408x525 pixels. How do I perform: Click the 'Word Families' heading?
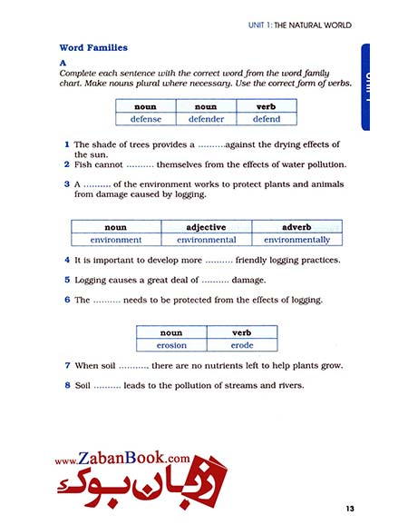93,47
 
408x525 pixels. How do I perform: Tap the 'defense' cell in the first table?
145,119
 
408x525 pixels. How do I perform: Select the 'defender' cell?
206,119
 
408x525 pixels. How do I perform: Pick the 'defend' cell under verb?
266,119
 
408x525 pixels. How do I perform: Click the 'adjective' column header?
207,227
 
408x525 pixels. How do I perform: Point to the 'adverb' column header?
297,227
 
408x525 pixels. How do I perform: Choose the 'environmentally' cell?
297,240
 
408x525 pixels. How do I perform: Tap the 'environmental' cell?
207,240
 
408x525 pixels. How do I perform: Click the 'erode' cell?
242,345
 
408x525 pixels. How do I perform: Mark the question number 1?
67,144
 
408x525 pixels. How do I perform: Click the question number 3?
67,183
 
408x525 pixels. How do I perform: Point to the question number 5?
67,280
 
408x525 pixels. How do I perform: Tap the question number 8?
67,385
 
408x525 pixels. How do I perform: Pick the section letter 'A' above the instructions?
63,62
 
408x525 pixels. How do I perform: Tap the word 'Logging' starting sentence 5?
91,280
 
